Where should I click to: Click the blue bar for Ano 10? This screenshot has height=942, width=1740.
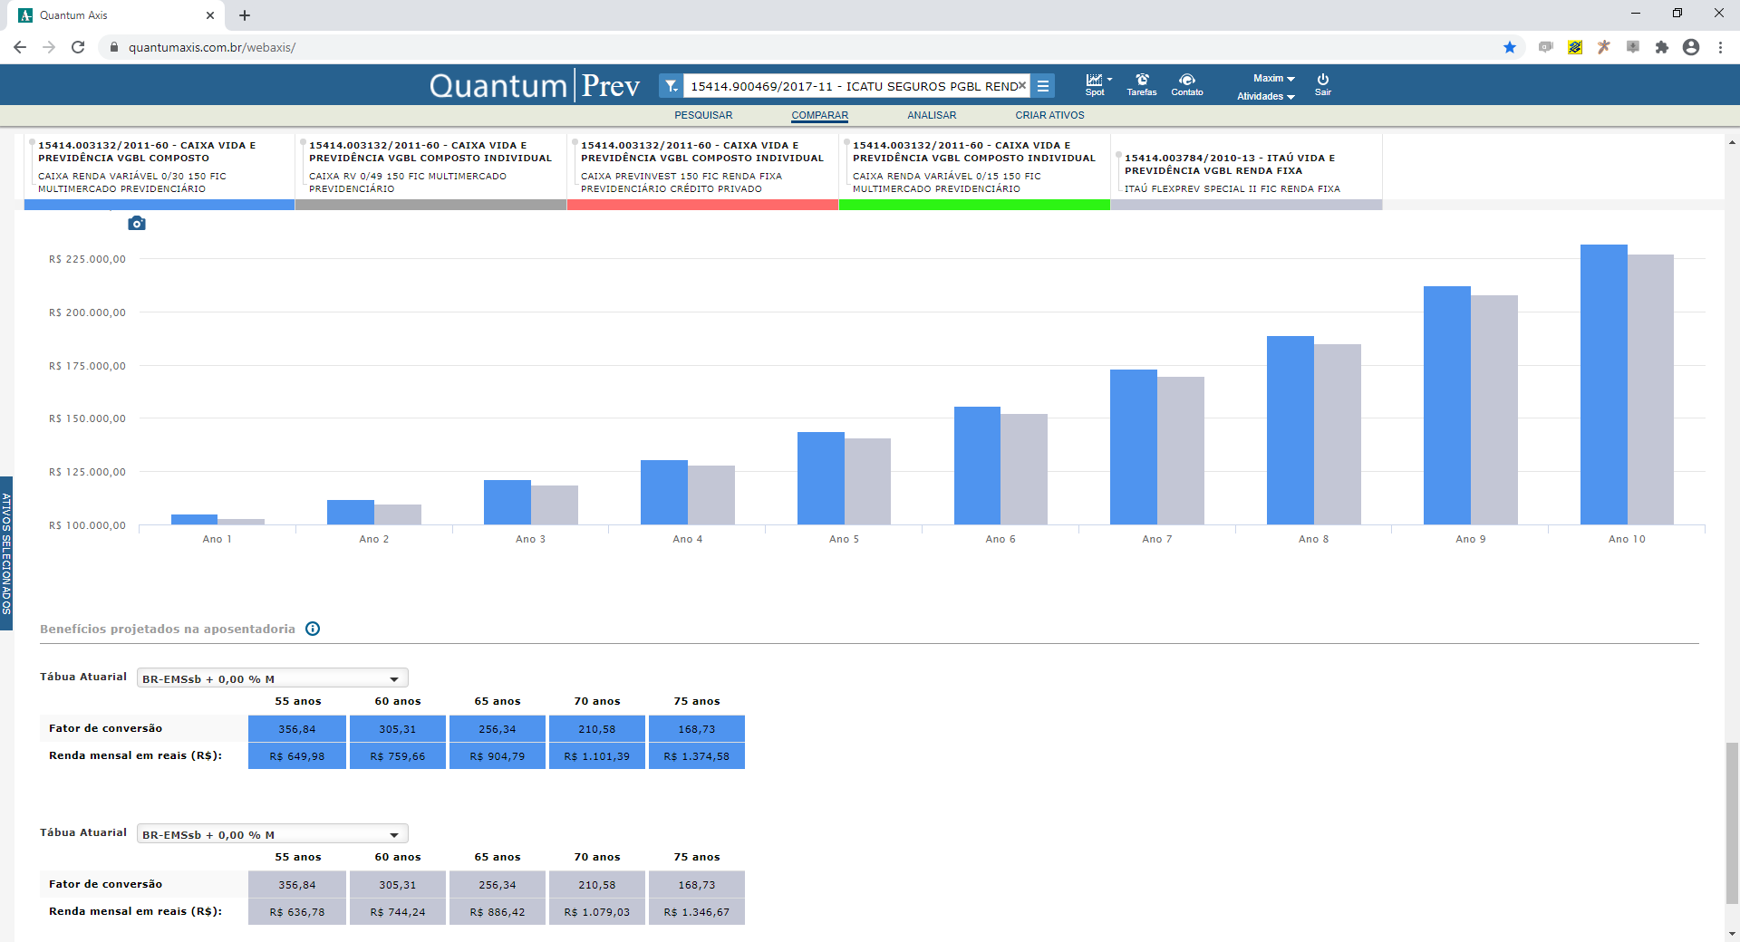click(x=1604, y=384)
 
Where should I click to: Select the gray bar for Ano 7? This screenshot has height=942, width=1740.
click(x=1181, y=450)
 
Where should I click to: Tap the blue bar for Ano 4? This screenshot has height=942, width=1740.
click(x=664, y=492)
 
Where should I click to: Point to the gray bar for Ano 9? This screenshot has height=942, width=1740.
click(x=1494, y=409)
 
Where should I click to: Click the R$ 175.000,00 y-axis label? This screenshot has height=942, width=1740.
click(x=87, y=366)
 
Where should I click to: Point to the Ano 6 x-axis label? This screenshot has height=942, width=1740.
click(x=1000, y=539)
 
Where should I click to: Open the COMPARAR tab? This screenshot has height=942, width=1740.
click(x=819, y=115)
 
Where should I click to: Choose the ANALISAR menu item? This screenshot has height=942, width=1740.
click(x=932, y=115)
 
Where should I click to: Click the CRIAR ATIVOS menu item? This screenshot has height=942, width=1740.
click(x=1049, y=115)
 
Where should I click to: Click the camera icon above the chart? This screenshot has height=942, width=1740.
click(x=137, y=223)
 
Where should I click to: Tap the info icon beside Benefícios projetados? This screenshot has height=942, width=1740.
click(x=313, y=629)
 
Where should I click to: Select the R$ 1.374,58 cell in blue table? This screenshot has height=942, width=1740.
click(x=697, y=756)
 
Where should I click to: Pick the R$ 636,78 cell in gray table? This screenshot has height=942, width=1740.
click(x=297, y=912)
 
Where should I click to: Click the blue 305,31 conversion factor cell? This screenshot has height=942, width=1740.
click(x=398, y=729)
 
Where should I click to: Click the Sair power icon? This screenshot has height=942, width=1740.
click(x=1323, y=80)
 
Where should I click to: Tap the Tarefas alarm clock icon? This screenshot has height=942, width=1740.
click(x=1142, y=80)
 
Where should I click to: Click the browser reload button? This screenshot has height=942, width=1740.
click(x=78, y=47)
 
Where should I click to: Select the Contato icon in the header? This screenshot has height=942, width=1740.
click(x=1187, y=80)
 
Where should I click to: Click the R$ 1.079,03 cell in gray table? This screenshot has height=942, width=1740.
click(x=597, y=912)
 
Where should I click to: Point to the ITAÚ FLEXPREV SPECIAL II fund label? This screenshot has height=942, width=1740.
click(x=1232, y=188)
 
